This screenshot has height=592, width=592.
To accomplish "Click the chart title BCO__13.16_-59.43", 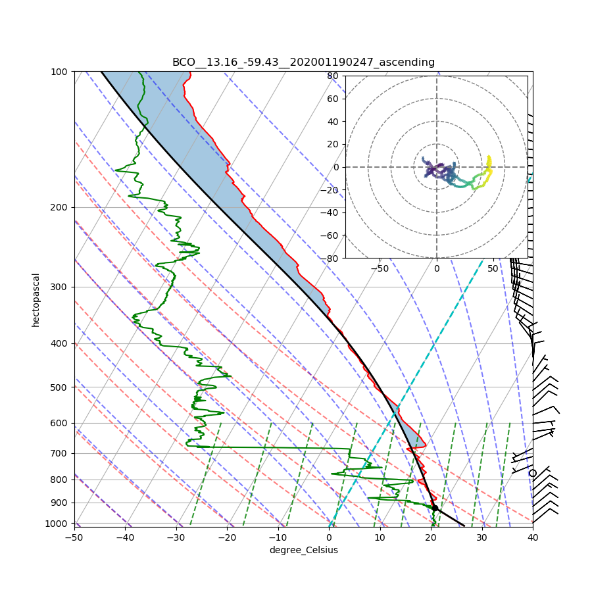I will tap(303, 62).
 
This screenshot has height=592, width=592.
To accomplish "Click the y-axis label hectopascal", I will tap(36, 299).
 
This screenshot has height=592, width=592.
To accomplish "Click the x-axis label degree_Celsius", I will tap(303, 550).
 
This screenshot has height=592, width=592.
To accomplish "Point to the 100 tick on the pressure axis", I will tap(60, 71).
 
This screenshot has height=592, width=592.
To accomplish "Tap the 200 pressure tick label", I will tap(60, 207).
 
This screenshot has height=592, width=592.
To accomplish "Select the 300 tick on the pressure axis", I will tap(60, 287).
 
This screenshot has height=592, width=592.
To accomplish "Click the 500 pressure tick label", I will tap(60, 387).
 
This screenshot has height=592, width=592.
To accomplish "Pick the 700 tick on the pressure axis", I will tap(60, 453).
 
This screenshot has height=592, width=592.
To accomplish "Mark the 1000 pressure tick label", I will tap(58, 523).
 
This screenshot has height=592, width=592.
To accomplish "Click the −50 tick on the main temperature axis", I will tap(74, 537).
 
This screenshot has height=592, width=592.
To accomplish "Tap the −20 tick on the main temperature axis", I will tap(227, 537).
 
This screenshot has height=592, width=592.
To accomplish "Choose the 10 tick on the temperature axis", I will tap(380, 537).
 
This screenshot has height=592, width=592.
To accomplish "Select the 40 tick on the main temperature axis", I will tap(533, 537).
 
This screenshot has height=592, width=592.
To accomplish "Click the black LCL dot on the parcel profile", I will tap(435, 508).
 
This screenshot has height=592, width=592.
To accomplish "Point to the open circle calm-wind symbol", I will tap(533, 473).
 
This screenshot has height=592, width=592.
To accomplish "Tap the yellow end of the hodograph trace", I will tap(489, 157).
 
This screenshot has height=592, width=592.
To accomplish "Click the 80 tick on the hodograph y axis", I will tap(333, 76).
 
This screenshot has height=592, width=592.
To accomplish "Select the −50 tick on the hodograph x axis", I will tap(380, 268).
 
